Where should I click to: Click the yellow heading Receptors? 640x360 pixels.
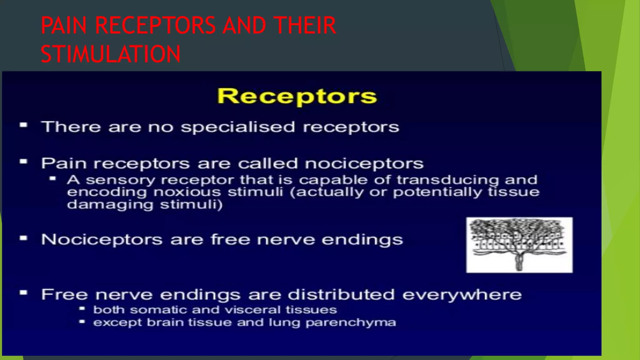pos(297,96)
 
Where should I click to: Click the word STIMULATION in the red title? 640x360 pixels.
pos(111,54)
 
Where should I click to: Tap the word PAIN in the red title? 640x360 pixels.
pos(64,26)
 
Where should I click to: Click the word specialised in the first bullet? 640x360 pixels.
pos(238,127)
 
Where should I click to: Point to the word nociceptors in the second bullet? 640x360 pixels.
pos(364,164)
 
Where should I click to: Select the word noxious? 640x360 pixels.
pos(187,192)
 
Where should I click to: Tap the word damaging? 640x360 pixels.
pos(110,205)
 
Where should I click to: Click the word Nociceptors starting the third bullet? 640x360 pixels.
pos(102,240)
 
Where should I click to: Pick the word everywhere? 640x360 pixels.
pos(462,295)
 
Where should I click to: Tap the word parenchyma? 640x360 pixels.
pos(351,322)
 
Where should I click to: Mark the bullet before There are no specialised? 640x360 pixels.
pos(23,126)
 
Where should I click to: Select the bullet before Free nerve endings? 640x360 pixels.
pos(23,293)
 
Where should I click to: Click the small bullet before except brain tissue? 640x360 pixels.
pos(82,321)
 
